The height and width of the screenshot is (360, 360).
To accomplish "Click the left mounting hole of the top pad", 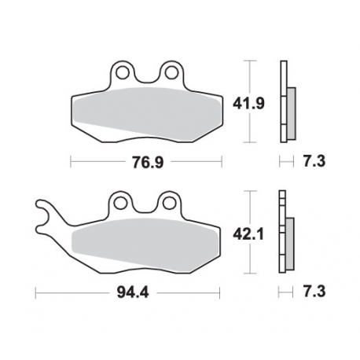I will pyautogui.click(x=121, y=75).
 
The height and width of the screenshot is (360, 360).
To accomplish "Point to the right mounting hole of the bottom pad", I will pyautogui.click(x=167, y=203).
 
